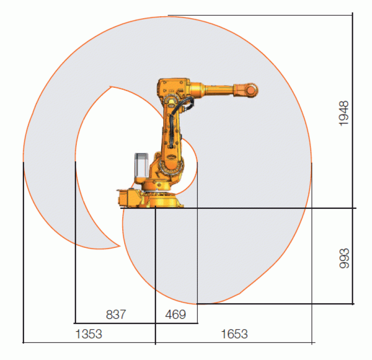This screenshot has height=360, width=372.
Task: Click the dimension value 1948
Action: coord(343,113)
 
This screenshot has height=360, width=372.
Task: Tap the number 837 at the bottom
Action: coord(116,314)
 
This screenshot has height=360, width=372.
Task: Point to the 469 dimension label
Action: coord(176,314)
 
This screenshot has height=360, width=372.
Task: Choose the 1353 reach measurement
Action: coord(88,333)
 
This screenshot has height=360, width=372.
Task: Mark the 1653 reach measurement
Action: coord(234,333)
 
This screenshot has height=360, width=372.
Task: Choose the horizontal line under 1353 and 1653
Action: coord(167,343)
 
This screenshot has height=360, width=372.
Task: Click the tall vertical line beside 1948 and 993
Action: coord(353,158)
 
